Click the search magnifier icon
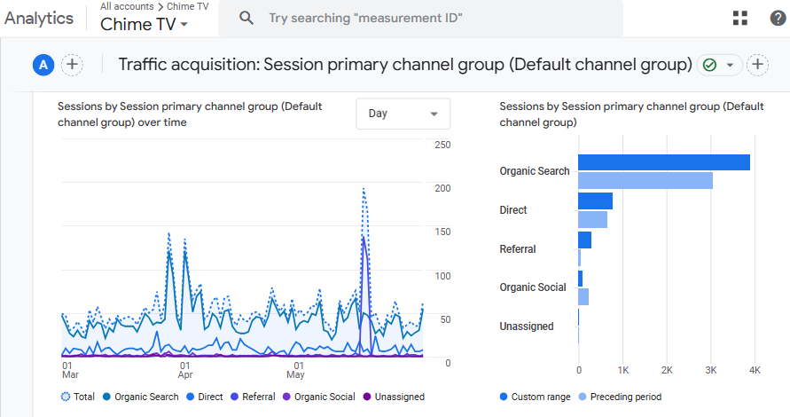246,18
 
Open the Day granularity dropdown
403,114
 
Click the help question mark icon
778,18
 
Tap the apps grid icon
740,18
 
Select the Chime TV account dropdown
145,24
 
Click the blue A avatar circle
43,65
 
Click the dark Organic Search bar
664,162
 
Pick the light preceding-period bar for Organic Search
645,180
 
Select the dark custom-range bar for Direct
596,201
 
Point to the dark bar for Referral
585,240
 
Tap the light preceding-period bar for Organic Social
583,296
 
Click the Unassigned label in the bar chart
527,327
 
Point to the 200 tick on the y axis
442,188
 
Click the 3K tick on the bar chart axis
711,370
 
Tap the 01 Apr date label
185,370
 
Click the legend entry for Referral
253,397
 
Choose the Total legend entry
78,397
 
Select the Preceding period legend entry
621,397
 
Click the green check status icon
709,65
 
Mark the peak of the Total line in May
364,189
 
